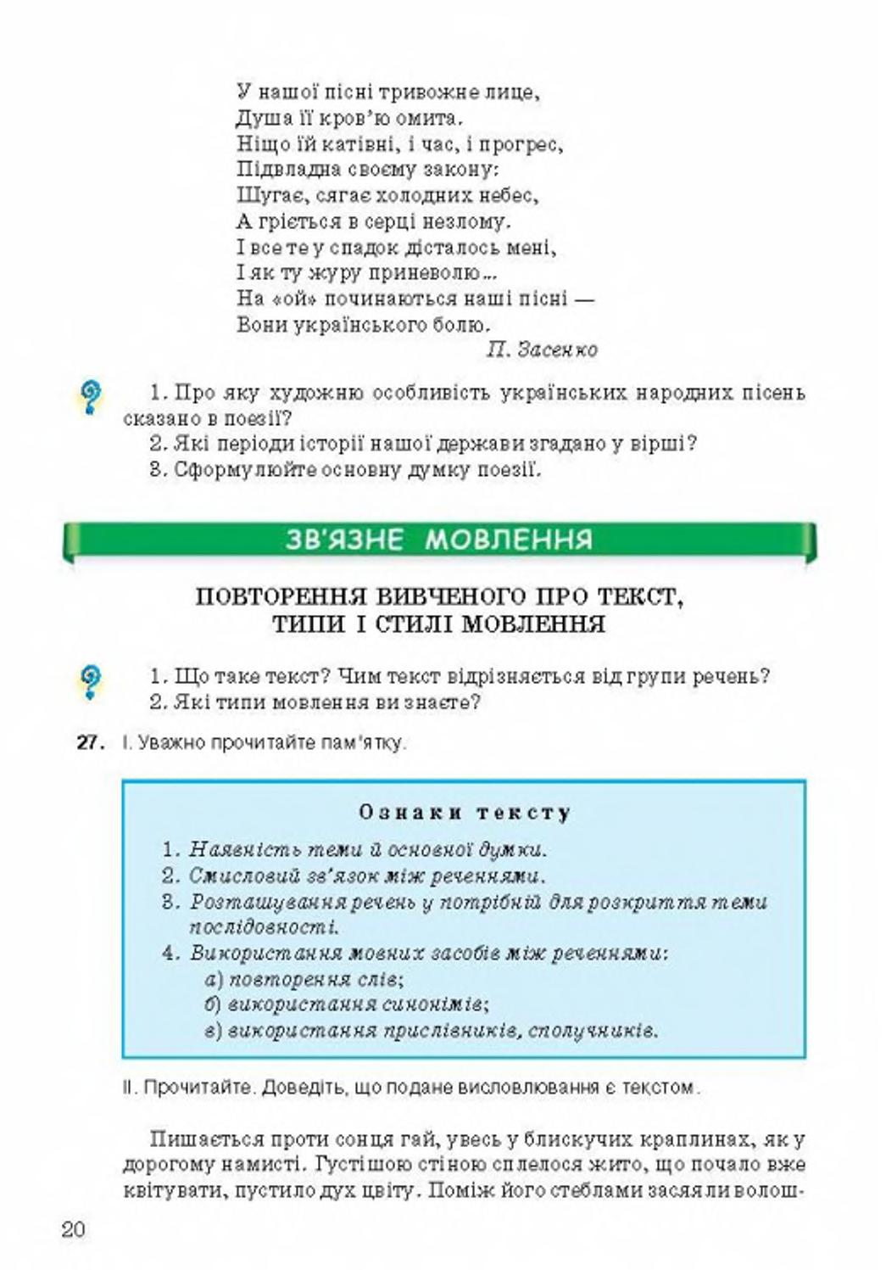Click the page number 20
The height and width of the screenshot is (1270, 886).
click(x=73, y=1229)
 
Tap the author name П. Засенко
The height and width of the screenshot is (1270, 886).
click(x=542, y=350)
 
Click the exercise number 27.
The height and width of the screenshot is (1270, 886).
click(x=90, y=742)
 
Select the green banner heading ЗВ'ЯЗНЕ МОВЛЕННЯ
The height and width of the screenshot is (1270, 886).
click(x=438, y=540)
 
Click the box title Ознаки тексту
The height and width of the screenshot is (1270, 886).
click(x=465, y=812)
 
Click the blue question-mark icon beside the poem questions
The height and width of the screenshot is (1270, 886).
click(x=90, y=396)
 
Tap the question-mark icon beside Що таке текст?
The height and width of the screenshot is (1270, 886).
click(x=90, y=680)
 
